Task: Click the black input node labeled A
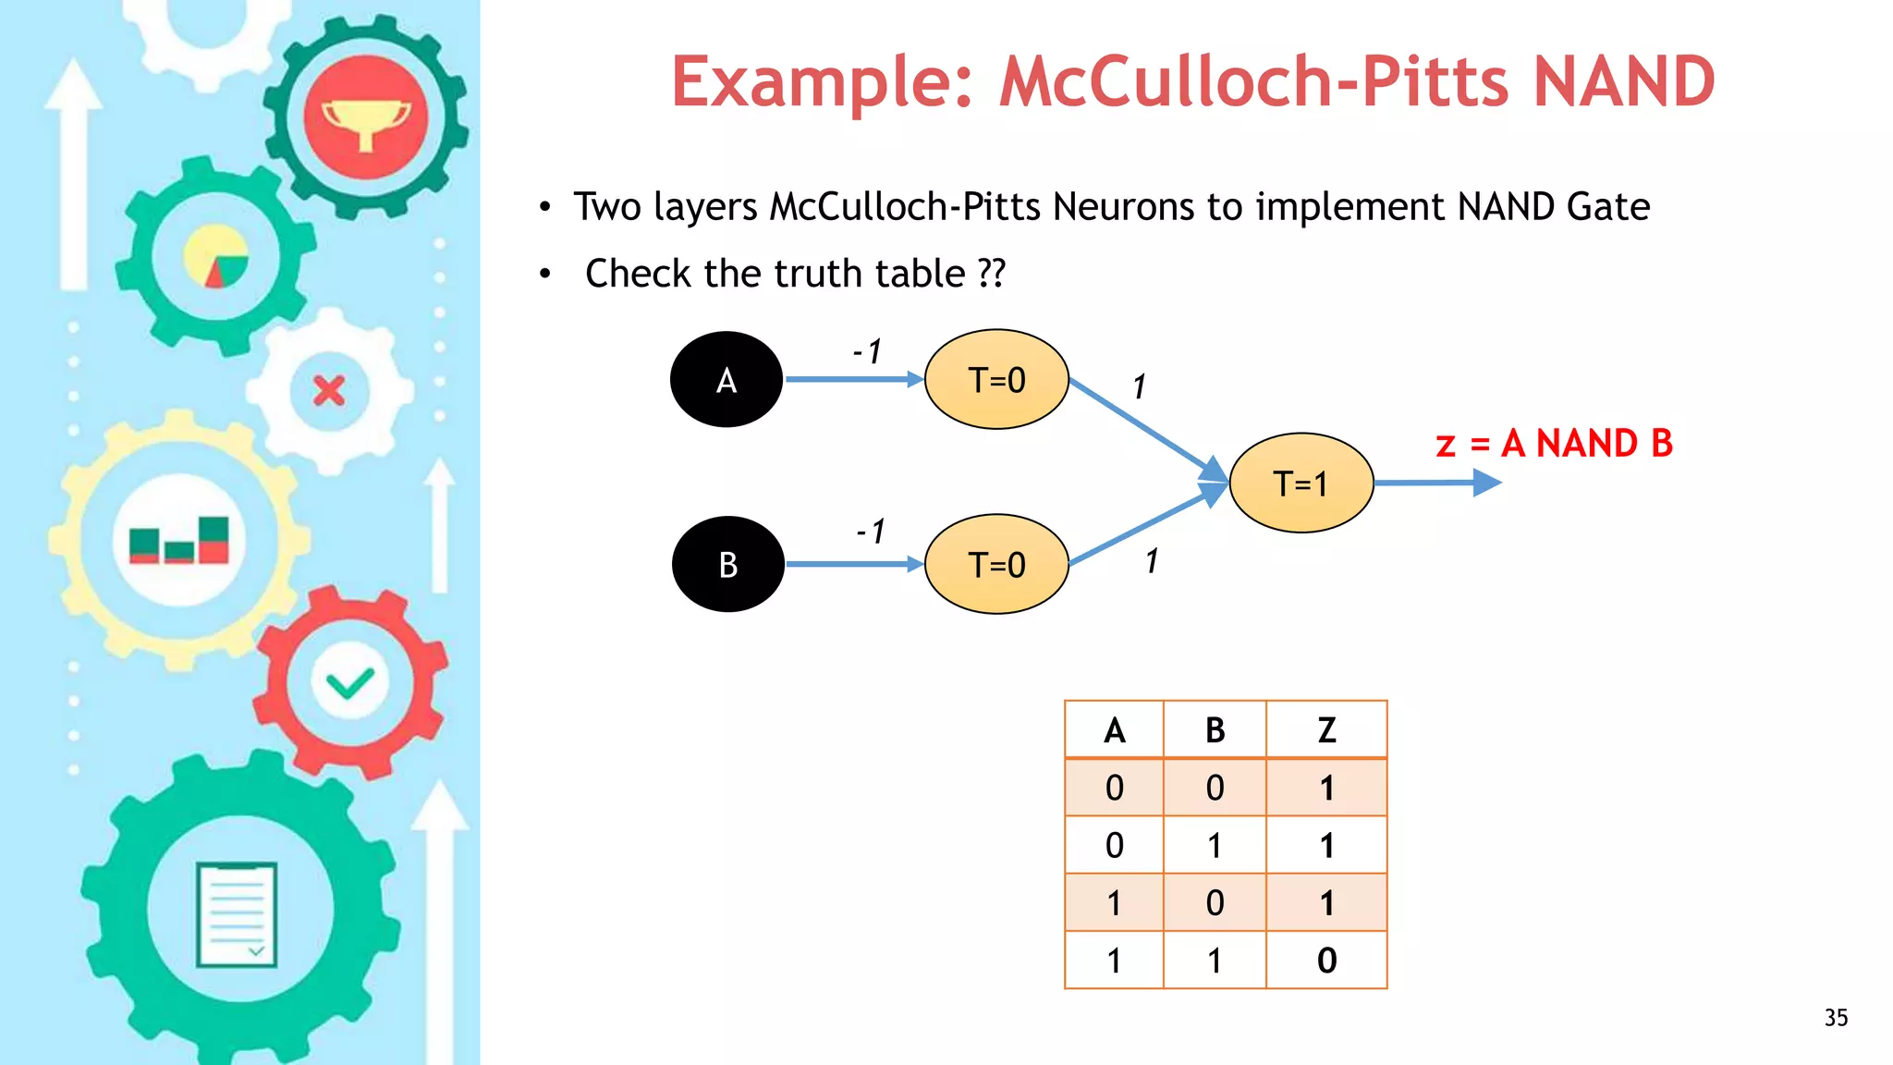[x=727, y=379]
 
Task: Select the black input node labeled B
[x=728, y=564]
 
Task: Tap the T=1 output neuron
[x=1301, y=483]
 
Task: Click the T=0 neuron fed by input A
[x=996, y=379]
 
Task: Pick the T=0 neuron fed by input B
[x=996, y=564]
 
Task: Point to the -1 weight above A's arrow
[x=867, y=351]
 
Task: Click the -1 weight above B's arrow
[x=871, y=532]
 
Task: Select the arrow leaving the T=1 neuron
[x=1437, y=483]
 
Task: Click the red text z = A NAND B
[x=1554, y=444]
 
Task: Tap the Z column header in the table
[x=1326, y=730]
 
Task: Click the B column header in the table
[x=1215, y=730]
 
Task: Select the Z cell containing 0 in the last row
[x=1326, y=961]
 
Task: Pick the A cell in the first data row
[x=1114, y=788]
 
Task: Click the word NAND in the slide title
[x=1623, y=81]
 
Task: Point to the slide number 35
[x=1836, y=1018]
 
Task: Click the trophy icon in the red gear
[x=366, y=120]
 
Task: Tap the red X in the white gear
[x=329, y=391]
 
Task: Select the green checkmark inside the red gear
[x=350, y=683]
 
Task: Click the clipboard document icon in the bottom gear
[x=237, y=914]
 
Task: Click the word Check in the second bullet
[x=638, y=274]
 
